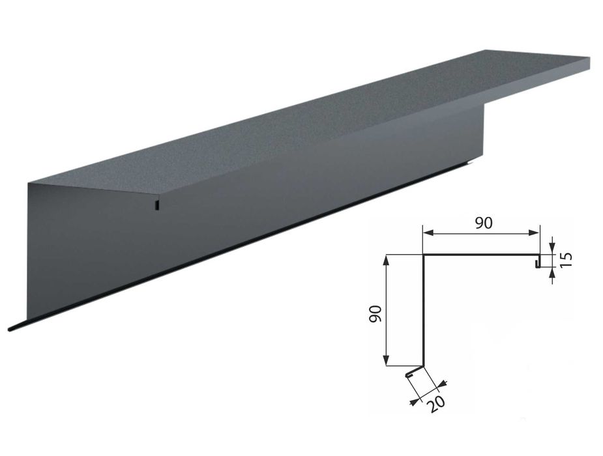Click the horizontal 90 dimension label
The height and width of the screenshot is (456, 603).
click(x=484, y=223)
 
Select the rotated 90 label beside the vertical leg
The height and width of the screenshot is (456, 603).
click(x=374, y=314)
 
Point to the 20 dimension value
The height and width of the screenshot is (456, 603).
click(x=437, y=404)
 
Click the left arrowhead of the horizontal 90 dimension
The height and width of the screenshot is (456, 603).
click(x=428, y=233)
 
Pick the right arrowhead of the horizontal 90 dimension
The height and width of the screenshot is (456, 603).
click(x=535, y=233)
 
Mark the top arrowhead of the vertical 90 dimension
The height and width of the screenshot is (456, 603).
click(x=387, y=259)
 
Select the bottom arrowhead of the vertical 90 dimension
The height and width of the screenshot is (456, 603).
click(x=387, y=360)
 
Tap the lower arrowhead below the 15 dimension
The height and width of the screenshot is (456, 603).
click(x=553, y=273)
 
